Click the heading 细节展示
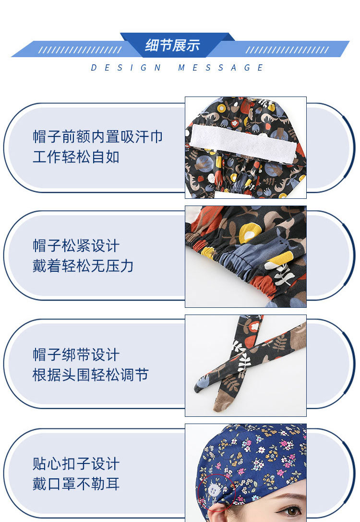click(x=172, y=46)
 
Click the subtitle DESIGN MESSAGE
click(x=178, y=68)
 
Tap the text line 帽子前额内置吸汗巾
click(x=98, y=137)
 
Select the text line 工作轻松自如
click(x=76, y=157)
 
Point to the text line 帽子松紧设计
click(x=76, y=246)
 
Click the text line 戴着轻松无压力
click(x=83, y=266)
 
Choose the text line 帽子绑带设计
click(x=76, y=355)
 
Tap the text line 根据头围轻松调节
click(x=90, y=375)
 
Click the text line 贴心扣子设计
click(x=76, y=464)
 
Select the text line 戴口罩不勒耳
click(x=76, y=484)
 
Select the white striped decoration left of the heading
click(x=80, y=50)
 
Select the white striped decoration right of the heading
click(x=287, y=50)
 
